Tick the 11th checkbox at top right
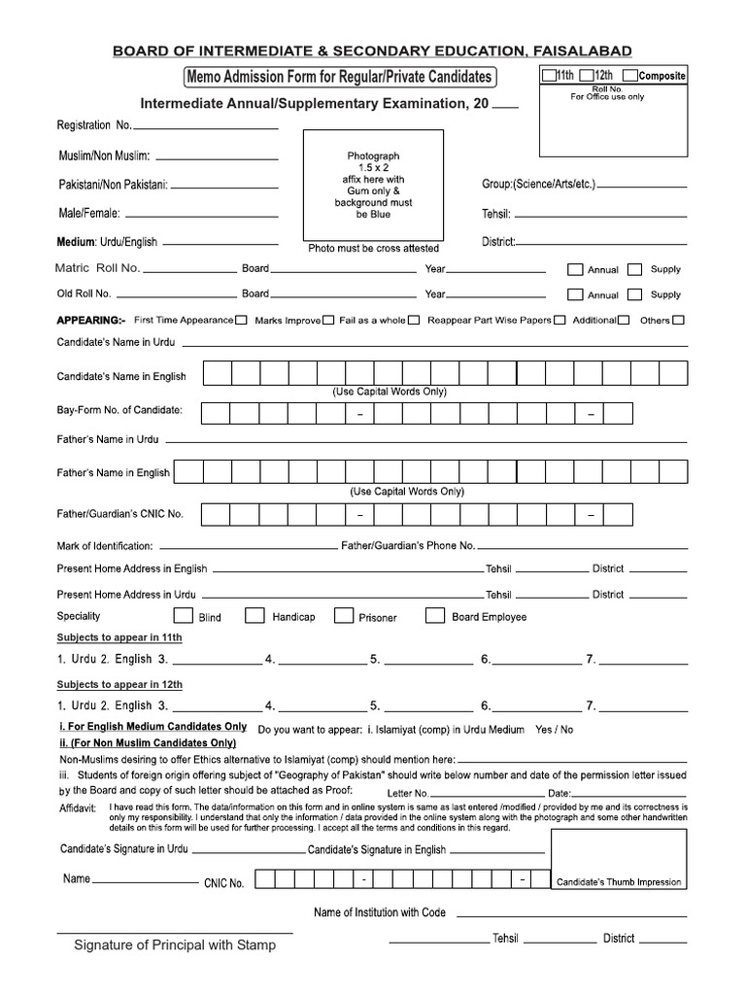click(x=550, y=76)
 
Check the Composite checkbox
click(x=630, y=76)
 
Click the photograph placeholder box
click(x=374, y=185)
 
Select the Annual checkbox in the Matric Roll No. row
click(x=574, y=269)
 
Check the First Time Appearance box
click(x=241, y=320)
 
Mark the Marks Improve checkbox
click(x=328, y=320)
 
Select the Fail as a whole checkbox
click(x=414, y=320)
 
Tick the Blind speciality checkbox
click(x=182, y=615)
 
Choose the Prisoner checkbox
click(x=343, y=615)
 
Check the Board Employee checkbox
click(x=435, y=615)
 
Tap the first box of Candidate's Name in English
click(x=218, y=374)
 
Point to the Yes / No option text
click(x=555, y=729)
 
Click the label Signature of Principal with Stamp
click(x=176, y=944)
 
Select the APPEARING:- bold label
click(x=91, y=320)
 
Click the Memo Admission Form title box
click(x=337, y=77)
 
